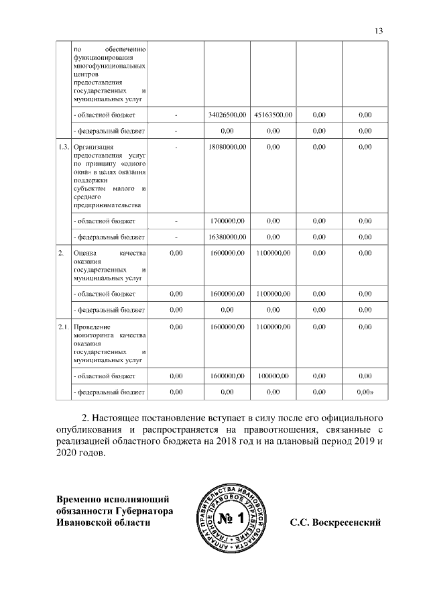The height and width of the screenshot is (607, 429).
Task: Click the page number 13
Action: click(379, 30)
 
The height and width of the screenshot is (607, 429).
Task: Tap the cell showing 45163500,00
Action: click(273, 115)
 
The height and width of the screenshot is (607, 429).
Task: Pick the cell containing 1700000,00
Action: click(227, 220)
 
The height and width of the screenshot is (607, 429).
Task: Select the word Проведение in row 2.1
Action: click(93, 326)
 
